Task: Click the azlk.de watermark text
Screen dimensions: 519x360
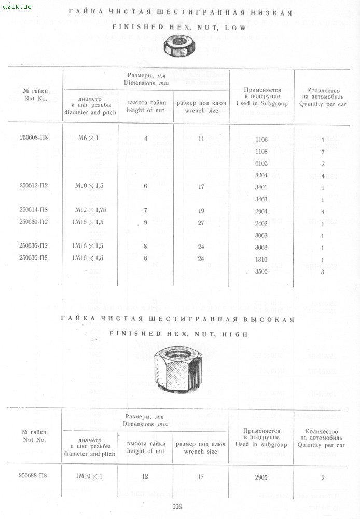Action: click(x=17, y=6)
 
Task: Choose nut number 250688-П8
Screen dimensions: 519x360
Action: click(x=34, y=476)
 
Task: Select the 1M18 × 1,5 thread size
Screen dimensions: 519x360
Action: click(x=89, y=222)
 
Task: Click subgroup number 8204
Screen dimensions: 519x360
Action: click(x=261, y=175)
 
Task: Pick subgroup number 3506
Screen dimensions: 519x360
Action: click(x=261, y=271)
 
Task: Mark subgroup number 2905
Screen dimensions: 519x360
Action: click(x=261, y=477)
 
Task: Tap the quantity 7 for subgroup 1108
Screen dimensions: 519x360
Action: click(x=323, y=152)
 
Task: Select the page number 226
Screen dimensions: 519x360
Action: click(x=177, y=507)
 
